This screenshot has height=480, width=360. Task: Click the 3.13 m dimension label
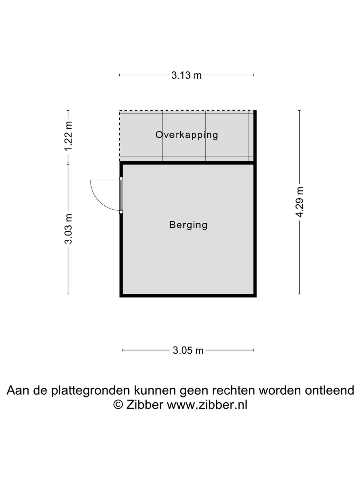pos(186,75)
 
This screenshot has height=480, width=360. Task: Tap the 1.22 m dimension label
pos(68,136)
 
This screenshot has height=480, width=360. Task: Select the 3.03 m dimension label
pos(68,229)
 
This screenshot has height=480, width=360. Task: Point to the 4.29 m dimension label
pos(300,202)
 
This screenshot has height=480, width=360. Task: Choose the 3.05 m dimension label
pos(188,350)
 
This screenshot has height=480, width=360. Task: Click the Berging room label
pos(188,225)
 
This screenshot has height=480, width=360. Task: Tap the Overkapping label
pos(187,135)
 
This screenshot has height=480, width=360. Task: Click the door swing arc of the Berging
pos(98,198)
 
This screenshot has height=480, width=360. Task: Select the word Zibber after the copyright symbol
pos(145,404)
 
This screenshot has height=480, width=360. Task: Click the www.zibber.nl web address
pos(207,404)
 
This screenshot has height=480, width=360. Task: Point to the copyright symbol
pos(118,404)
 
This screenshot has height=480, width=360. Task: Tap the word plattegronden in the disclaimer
pos(91,391)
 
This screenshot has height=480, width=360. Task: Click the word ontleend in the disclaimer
pos(329,391)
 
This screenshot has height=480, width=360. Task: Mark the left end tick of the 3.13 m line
pos(120,75)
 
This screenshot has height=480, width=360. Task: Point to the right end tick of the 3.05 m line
pos(254,350)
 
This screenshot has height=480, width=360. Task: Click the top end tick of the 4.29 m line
pos(300,111)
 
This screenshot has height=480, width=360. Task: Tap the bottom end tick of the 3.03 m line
pos(68,294)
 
